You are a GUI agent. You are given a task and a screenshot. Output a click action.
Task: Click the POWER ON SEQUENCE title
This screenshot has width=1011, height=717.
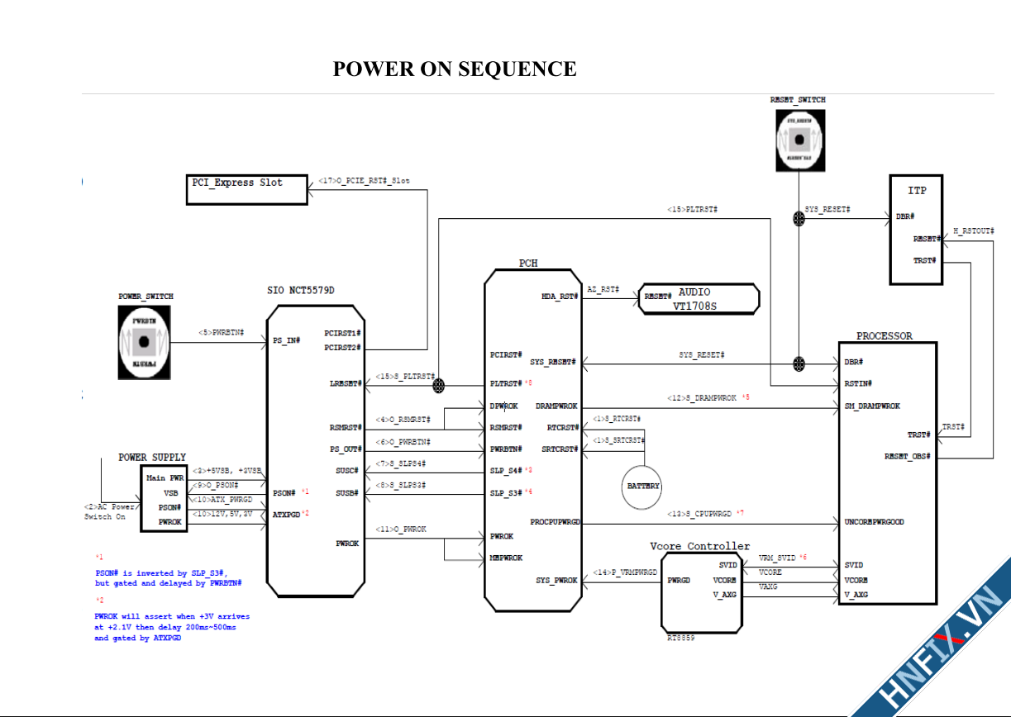[x=455, y=69]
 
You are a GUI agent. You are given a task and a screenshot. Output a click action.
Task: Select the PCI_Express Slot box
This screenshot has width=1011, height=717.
[x=246, y=189]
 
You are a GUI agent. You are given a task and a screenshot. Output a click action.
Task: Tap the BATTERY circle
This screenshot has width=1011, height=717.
[x=642, y=486]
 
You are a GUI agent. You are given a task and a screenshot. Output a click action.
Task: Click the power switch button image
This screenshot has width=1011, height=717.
[x=144, y=341]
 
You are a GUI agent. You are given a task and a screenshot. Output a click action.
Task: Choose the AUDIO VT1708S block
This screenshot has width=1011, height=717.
[x=698, y=298]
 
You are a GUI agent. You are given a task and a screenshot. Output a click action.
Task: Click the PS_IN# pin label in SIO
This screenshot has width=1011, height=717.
[x=287, y=340]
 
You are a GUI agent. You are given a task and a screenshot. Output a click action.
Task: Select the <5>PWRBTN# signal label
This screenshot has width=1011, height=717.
[x=221, y=333]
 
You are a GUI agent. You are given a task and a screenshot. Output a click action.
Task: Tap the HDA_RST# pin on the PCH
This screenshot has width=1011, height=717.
[x=560, y=297]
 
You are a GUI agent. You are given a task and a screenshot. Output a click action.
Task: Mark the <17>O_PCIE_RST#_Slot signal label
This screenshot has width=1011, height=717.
[x=364, y=180]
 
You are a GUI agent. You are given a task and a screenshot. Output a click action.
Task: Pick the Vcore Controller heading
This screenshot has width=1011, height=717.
[x=700, y=546]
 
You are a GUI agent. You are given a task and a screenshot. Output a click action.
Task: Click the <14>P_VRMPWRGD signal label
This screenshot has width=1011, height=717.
[x=625, y=572]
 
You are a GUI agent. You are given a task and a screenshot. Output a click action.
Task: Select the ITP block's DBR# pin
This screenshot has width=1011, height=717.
[x=904, y=217]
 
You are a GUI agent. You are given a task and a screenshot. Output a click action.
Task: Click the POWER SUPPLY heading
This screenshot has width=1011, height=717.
[x=152, y=457]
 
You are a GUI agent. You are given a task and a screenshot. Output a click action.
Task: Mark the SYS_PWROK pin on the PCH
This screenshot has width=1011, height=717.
[x=557, y=581]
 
